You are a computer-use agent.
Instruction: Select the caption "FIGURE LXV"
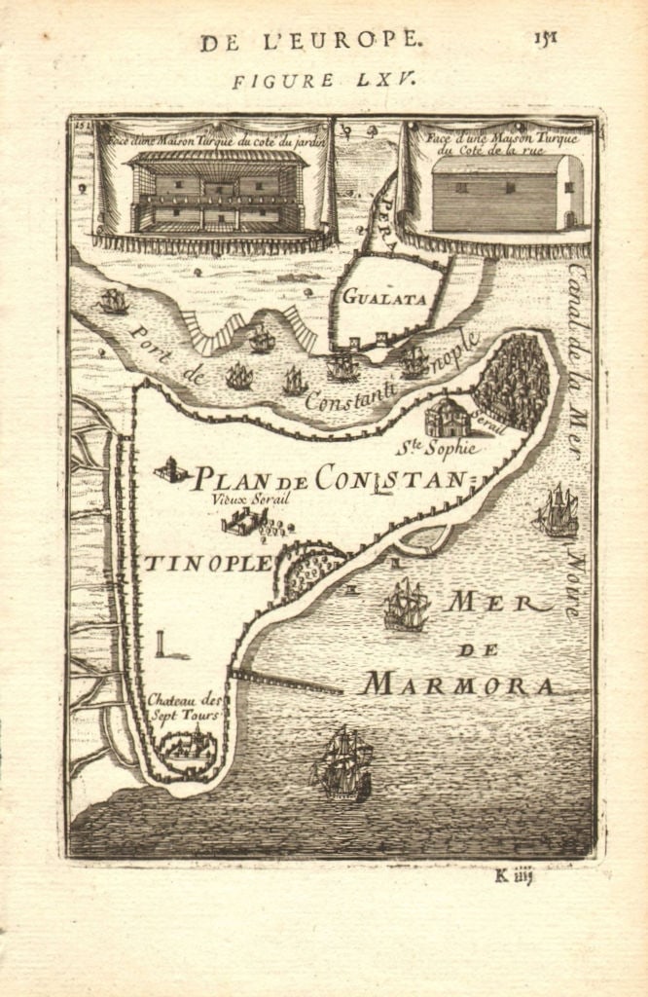(324, 80)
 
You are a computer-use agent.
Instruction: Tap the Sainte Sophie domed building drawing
(447, 417)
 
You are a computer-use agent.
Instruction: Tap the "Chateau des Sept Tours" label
(185, 707)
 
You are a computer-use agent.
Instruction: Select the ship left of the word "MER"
(406, 605)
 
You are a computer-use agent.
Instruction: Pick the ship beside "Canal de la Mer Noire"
(557, 510)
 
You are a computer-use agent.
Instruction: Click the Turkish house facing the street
(506, 193)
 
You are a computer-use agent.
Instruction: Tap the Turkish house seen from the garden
(216, 191)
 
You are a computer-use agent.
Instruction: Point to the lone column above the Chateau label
(159, 644)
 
